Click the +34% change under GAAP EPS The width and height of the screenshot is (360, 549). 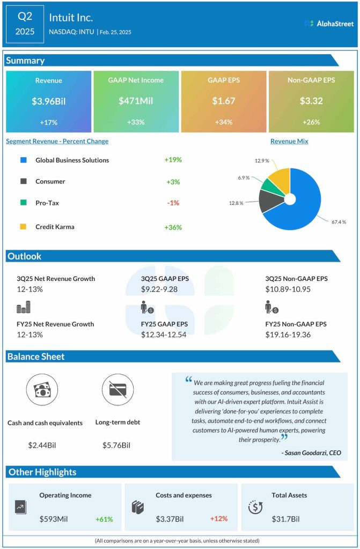pyautogui.click(x=223, y=122)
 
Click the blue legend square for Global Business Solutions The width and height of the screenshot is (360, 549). pyautogui.click(x=23, y=160)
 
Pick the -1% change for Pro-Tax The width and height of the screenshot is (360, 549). pyautogui.click(x=173, y=203)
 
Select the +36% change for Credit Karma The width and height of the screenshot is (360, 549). pyautogui.click(x=173, y=227)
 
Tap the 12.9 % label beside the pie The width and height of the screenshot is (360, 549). pyautogui.click(x=261, y=160)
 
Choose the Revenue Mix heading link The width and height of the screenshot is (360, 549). pyautogui.click(x=289, y=142)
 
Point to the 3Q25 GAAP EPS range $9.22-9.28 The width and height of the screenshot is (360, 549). pyautogui.click(x=160, y=289)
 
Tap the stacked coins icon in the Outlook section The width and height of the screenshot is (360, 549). pyautogui.click(x=24, y=307)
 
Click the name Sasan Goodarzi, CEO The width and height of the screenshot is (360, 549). pyautogui.click(x=311, y=453)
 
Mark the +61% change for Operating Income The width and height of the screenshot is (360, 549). pyautogui.click(x=104, y=519)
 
